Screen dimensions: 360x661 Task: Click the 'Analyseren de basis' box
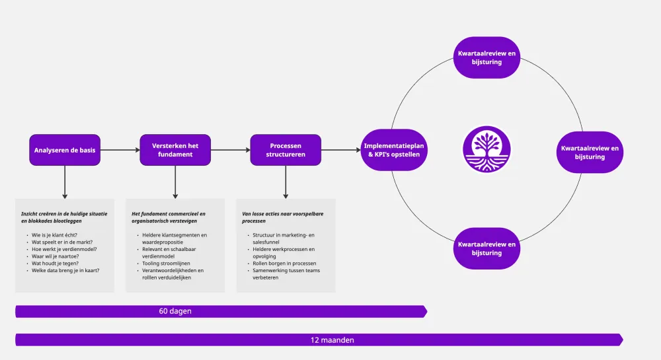[65, 150]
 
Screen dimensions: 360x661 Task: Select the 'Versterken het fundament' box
[175, 150]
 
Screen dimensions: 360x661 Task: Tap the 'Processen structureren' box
[286, 150]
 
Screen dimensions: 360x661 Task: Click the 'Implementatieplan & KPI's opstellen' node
[395, 150]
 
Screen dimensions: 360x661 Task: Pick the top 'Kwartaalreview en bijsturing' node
[487, 57]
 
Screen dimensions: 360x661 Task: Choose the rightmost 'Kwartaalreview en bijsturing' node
[590, 153]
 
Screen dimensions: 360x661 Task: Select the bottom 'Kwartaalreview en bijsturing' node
[487, 248]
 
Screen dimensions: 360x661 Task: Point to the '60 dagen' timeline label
[175, 311]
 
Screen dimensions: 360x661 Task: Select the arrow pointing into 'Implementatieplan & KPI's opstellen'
[341, 150]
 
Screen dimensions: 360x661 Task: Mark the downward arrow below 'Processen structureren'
[286, 182]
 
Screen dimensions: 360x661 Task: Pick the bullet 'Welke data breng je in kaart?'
[65, 270]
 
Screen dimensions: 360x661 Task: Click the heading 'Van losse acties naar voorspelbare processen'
[283, 217]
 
